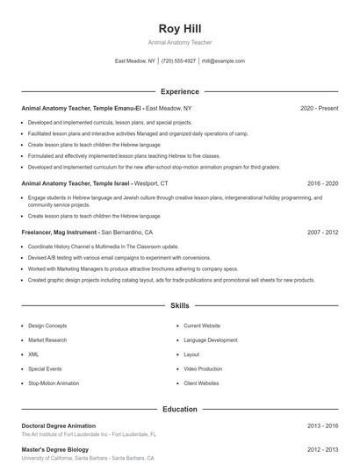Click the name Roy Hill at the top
click(180, 28)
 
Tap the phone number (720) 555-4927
click(178, 61)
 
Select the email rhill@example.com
click(223, 61)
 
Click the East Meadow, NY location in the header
click(135, 61)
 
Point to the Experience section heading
click(180, 91)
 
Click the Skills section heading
click(180, 306)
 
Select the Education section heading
click(180, 409)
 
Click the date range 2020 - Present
click(319, 108)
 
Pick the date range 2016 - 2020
click(322, 183)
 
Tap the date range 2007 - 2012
click(322, 232)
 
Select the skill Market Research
click(48, 340)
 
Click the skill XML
click(33, 354)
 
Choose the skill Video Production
click(203, 369)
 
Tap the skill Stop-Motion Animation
click(54, 383)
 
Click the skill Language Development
click(211, 340)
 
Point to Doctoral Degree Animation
click(58, 426)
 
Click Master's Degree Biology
click(56, 449)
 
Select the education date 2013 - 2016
click(322, 426)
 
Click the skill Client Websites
click(201, 383)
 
